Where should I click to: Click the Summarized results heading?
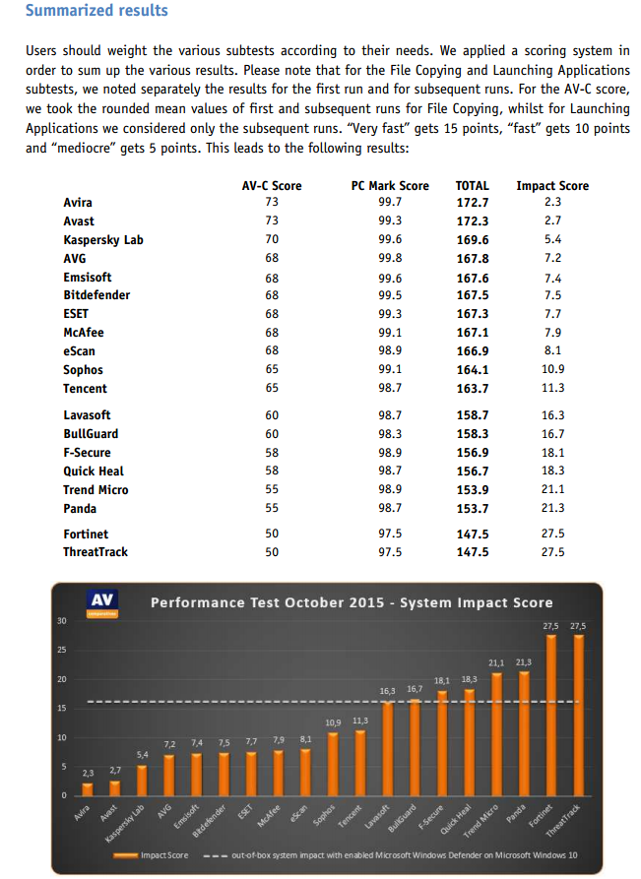point(96,11)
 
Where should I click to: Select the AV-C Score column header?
point(272,185)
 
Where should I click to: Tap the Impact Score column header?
point(552,185)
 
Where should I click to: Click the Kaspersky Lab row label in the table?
point(103,239)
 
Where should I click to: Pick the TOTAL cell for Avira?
point(473,203)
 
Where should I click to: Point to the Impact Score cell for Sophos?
point(552,369)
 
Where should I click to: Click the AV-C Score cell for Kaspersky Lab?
point(272,239)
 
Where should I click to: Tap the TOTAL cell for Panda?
point(473,508)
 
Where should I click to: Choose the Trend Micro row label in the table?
point(96,489)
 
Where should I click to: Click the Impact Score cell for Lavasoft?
point(552,415)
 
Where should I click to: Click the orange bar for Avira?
point(89,788)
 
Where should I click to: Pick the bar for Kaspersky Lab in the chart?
point(143,780)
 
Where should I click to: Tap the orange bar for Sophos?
point(333,764)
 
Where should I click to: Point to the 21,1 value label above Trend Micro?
point(497,662)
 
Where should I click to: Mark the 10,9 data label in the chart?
point(333,722)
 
